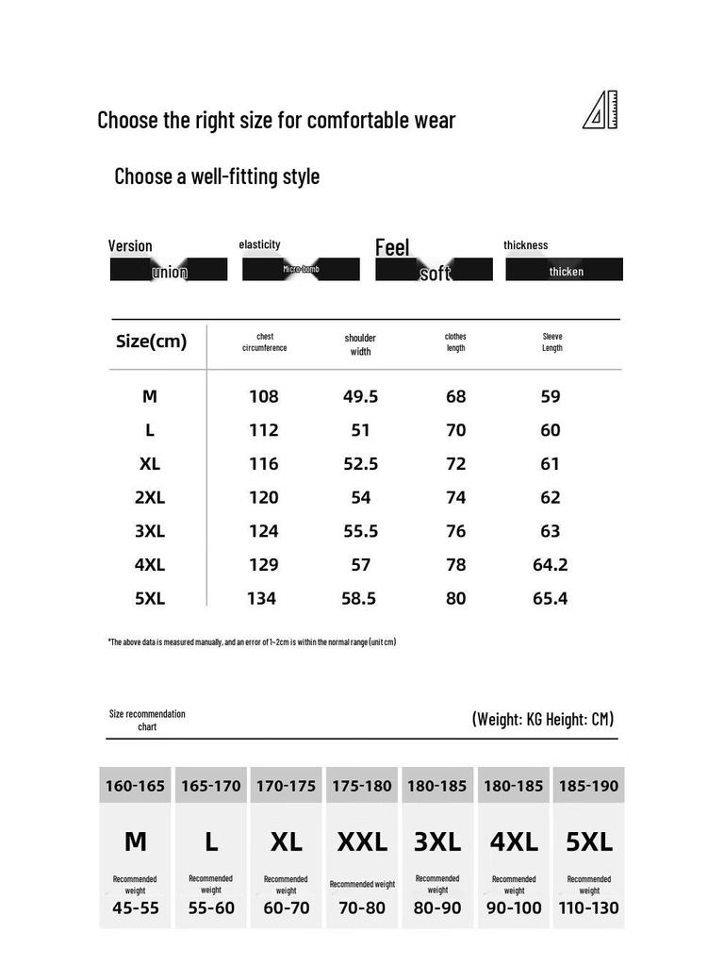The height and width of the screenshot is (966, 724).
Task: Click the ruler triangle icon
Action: click(x=601, y=111)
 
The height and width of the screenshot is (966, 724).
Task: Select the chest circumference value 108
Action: click(x=263, y=396)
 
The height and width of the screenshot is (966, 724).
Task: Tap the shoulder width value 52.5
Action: click(x=360, y=464)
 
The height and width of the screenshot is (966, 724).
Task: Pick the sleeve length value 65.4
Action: click(x=550, y=598)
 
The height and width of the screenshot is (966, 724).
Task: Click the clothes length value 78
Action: click(x=455, y=564)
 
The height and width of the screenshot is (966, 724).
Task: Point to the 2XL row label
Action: click(x=150, y=497)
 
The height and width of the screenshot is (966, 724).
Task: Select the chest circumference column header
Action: click(x=264, y=341)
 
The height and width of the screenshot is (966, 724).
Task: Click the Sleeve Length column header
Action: click(x=552, y=341)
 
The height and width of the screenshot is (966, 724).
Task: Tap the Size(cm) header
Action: click(x=151, y=341)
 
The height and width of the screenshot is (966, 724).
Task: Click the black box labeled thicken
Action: click(x=565, y=270)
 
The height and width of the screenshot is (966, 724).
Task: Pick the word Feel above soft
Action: click(x=392, y=247)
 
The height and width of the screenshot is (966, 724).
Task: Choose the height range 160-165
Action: click(x=136, y=786)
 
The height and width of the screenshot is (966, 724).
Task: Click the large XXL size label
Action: click(x=362, y=841)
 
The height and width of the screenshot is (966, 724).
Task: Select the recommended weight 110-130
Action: click(x=589, y=908)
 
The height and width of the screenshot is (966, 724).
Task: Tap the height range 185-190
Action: click(x=589, y=786)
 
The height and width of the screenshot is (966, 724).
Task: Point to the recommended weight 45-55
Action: click(x=136, y=908)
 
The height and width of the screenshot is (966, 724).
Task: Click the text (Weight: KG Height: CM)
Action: click(x=542, y=719)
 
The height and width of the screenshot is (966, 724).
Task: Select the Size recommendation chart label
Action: click(x=147, y=720)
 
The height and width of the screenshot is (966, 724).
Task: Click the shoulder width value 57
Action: click(x=360, y=564)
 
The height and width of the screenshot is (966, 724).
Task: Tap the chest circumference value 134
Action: click(x=261, y=598)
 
